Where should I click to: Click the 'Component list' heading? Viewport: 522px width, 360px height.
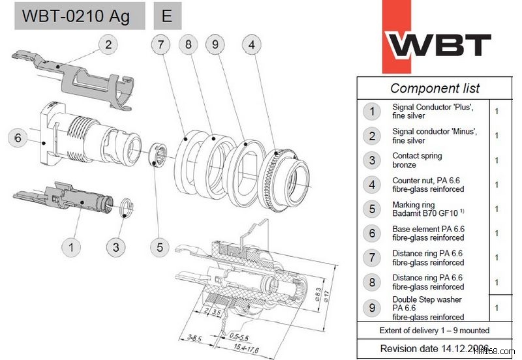pos(435,88)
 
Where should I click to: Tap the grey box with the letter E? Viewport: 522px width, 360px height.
pos(168,16)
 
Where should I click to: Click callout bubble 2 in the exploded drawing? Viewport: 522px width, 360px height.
pos(109,44)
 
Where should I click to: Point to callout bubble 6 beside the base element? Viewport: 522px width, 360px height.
pos(18,138)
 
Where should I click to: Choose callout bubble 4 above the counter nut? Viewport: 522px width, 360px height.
pos(252,44)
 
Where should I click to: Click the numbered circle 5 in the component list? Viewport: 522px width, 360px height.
pos(371,209)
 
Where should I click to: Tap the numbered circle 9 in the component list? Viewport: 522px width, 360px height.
pos(371,307)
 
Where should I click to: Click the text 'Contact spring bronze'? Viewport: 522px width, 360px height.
pos(418,160)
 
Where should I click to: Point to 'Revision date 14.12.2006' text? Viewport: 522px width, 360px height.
pos(434,348)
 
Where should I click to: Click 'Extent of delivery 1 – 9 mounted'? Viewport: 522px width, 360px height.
pos(435,330)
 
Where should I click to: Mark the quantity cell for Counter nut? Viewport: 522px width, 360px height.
pos(497,185)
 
